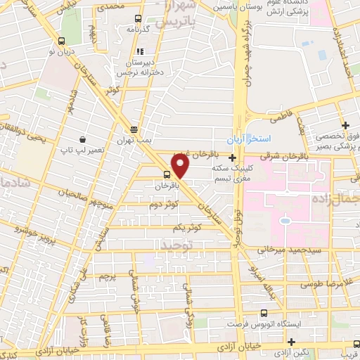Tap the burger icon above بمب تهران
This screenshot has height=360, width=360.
coord(134,129)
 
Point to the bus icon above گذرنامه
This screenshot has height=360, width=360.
coord(139,19)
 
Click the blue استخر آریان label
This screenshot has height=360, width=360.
coord(247,138)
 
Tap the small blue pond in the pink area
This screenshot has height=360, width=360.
coord(286,222)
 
